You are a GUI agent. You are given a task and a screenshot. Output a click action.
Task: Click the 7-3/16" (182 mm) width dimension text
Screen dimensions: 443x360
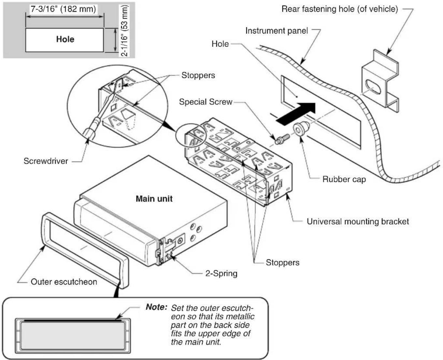63,9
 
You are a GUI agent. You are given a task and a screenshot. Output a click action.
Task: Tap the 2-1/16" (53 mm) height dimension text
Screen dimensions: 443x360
124,31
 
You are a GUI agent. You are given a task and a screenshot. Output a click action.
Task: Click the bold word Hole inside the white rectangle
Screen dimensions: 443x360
65,39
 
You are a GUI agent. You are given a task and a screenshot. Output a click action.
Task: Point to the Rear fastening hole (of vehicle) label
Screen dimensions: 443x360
340,9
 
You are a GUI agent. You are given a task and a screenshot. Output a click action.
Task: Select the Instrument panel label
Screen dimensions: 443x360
277,31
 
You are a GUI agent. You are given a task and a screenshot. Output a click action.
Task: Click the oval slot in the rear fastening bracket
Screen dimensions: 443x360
373,86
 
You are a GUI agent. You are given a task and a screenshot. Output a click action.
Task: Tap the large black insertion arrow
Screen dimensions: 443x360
296,113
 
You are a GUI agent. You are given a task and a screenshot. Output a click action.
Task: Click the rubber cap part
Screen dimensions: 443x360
302,128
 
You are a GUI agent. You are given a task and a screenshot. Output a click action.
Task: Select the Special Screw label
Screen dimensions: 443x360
206,102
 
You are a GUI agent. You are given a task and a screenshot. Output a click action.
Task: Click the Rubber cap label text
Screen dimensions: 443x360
344,179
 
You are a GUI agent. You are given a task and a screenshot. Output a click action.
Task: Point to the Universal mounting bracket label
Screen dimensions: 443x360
358,221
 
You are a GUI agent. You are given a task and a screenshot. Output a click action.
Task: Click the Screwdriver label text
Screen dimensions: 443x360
46,161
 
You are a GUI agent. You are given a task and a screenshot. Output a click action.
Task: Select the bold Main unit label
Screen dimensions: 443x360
154,199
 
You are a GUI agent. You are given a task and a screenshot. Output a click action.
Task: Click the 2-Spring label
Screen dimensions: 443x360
221,273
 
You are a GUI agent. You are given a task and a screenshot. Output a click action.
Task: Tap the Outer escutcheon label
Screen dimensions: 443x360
64,282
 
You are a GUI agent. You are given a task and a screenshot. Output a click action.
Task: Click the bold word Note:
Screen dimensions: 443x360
156,307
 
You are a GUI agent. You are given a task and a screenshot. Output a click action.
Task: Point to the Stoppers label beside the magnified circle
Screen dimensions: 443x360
198,75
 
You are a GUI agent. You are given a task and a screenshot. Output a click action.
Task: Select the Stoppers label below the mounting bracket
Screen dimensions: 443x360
283,262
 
